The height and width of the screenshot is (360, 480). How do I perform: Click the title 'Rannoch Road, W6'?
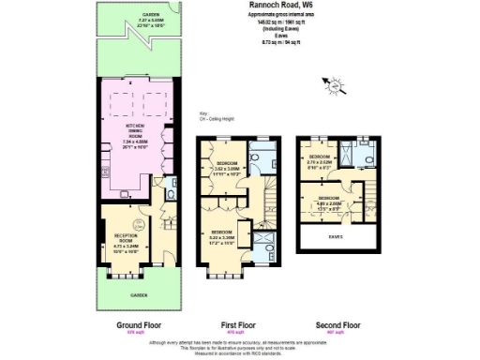280,6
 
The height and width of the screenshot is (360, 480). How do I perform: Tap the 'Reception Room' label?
125,241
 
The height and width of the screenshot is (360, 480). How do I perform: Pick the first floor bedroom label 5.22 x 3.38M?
221,236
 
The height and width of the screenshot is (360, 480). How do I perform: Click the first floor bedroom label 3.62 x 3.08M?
222,171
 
